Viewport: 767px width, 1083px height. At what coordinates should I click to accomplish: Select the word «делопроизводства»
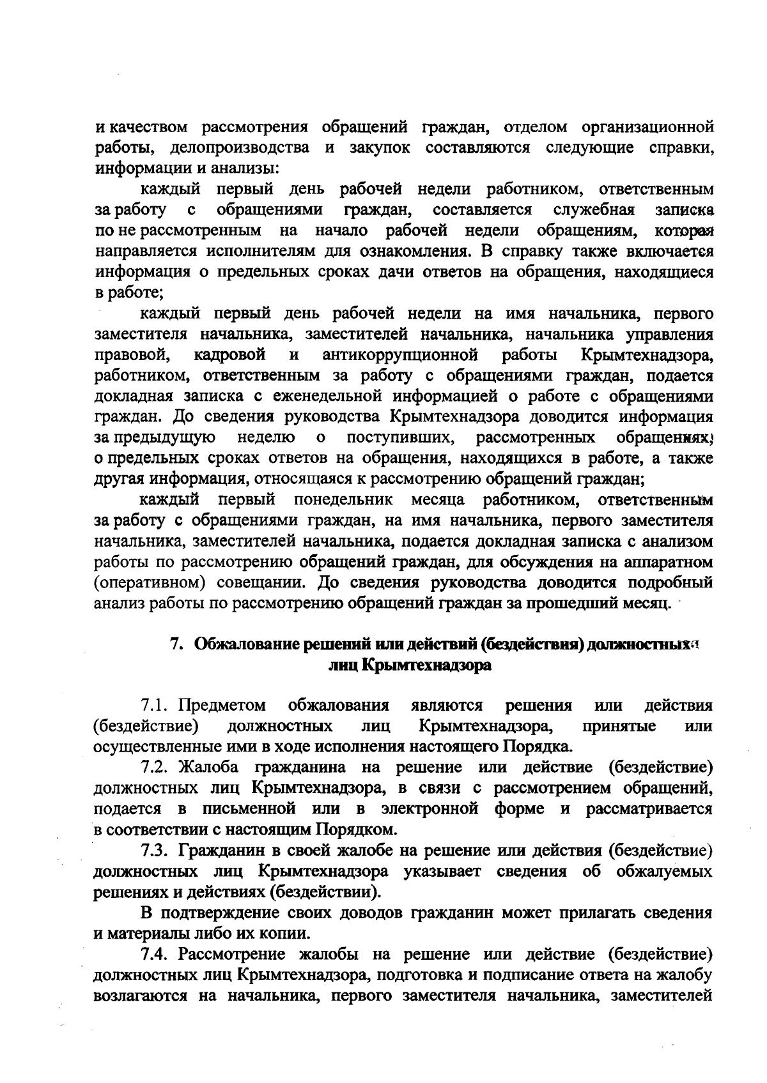coord(240,148)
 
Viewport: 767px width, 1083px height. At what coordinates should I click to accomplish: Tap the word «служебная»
coord(594,209)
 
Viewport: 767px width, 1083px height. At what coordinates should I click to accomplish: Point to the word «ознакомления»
coord(410,251)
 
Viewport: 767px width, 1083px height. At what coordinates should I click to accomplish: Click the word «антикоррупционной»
coord(401,354)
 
